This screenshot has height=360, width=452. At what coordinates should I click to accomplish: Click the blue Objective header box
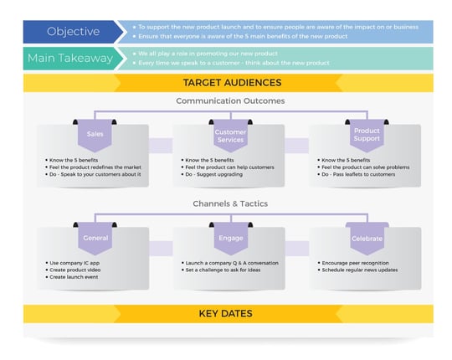(x=73, y=32)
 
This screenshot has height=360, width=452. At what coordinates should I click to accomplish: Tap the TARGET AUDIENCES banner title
(x=231, y=83)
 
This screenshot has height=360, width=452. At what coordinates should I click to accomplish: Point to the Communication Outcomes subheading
(x=230, y=100)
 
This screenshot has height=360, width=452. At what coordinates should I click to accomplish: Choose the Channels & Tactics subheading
(x=230, y=203)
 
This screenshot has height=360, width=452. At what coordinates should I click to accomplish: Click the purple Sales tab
(x=95, y=134)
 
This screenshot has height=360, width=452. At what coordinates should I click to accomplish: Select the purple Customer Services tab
(x=230, y=136)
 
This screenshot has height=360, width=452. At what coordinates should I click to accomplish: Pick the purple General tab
(x=95, y=238)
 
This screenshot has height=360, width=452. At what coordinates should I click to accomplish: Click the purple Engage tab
(x=230, y=238)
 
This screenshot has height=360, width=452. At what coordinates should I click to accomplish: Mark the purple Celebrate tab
(x=367, y=238)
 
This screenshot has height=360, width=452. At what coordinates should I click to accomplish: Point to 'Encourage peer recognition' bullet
(x=353, y=263)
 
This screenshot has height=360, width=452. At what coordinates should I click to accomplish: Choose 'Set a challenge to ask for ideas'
(x=223, y=270)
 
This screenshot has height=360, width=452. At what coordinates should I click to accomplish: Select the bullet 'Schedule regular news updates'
(x=357, y=270)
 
